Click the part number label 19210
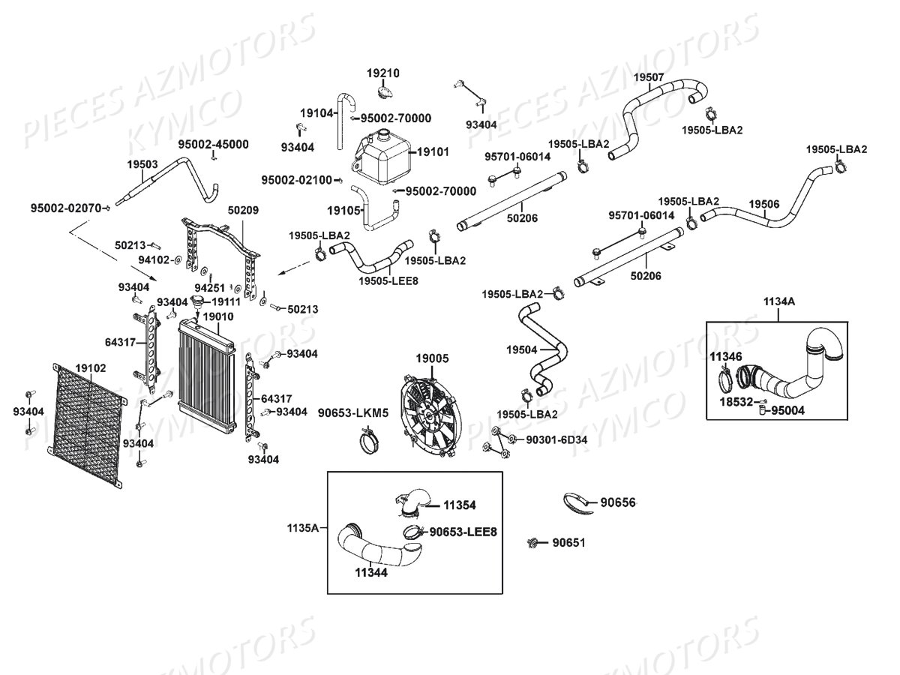(x=382, y=73)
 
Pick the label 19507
(x=648, y=77)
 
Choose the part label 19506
(x=763, y=204)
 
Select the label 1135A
(x=301, y=528)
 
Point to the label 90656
(x=616, y=502)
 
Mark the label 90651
(x=568, y=542)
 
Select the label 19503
(x=142, y=164)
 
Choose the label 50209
(x=243, y=211)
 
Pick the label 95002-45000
(x=213, y=144)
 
